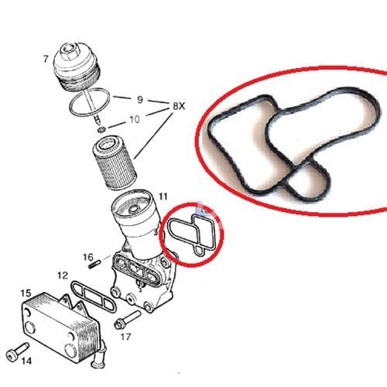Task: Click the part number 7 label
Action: coord(46,59)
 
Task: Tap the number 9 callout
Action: coord(140,100)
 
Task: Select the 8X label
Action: coord(179,106)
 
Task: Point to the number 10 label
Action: coord(135,119)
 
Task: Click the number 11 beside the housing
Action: coord(163,197)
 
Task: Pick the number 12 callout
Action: coord(63,276)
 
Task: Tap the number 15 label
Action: coord(26,293)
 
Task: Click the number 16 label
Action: coord(88,257)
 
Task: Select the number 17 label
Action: coord(125,337)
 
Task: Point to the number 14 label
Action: coord(26,361)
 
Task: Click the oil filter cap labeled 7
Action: coord(76,67)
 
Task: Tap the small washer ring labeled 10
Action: coord(101,129)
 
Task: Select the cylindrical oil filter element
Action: coord(114,163)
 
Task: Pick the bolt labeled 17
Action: coord(128,320)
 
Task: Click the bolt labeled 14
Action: coord(17,351)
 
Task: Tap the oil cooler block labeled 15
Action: coord(60,325)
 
